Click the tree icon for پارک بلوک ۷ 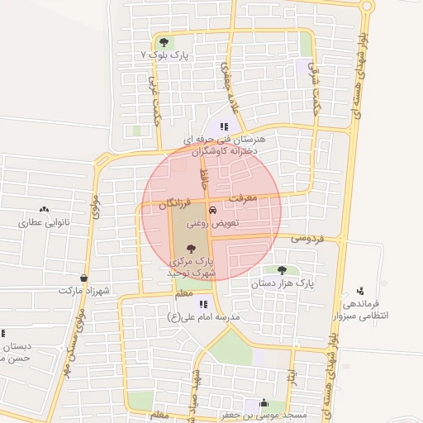tap(164, 41)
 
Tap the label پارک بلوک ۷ tap(165, 55)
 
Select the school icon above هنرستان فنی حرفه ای tap(222, 127)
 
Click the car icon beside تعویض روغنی tap(213, 210)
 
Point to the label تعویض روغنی tap(214, 223)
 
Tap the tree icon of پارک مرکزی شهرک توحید tap(192, 247)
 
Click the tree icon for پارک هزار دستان tap(282, 270)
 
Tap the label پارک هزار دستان tap(283, 283)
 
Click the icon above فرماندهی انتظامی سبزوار tap(360, 291)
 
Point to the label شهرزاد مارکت tap(84, 291)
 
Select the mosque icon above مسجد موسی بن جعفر tap(264, 402)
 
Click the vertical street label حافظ tap(203, 175)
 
